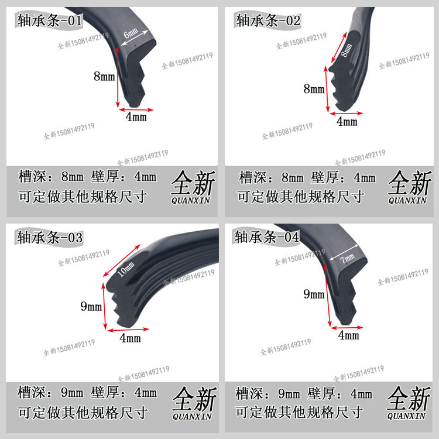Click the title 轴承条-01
pyautogui.click(x=49, y=22)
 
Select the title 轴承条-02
pyautogui.click(x=269, y=21)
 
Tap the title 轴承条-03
pyautogui.click(x=50, y=238)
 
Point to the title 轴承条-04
pyautogui.click(x=267, y=237)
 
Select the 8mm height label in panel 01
pyautogui.click(x=104, y=75)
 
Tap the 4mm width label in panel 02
pyautogui.click(x=347, y=122)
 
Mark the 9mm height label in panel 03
pyautogui.click(x=91, y=306)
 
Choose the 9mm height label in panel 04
pyautogui.click(x=314, y=294)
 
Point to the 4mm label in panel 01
pyautogui.click(x=136, y=117)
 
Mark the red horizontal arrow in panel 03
pyautogui.click(x=126, y=329)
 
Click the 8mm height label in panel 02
pyautogui.click(x=314, y=89)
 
